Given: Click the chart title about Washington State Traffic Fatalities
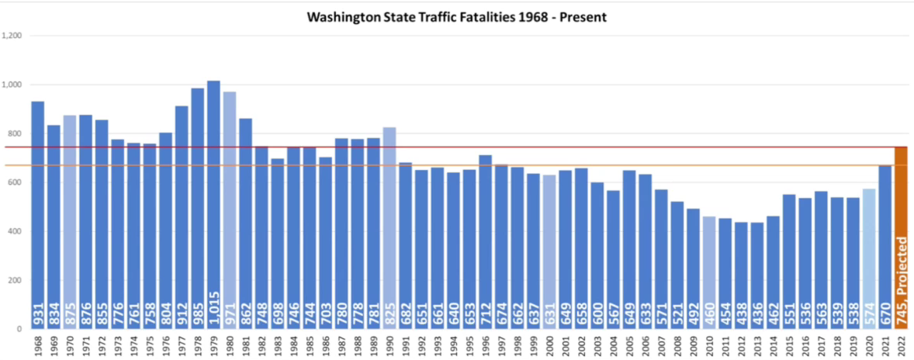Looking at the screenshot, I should click(x=456, y=16).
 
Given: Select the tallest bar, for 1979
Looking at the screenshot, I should click(x=213, y=194).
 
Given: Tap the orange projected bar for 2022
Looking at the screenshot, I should click(x=901, y=233).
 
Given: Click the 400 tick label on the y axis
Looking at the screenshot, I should click(x=15, y=231).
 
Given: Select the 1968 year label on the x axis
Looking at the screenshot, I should click(x=38, y=345).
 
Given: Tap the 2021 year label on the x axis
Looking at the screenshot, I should click(x=885, y=345).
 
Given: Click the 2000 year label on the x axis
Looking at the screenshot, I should click(x=549, y=345).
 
